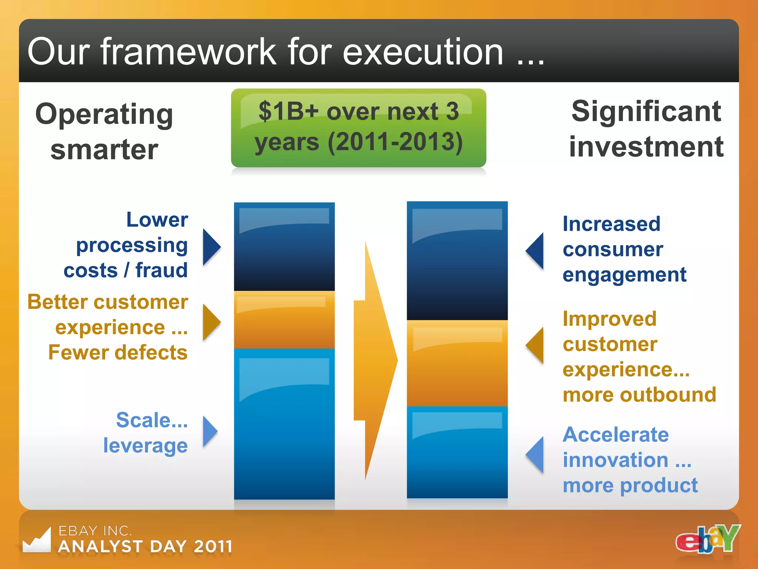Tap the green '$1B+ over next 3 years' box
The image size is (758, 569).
click(x=358, y=127)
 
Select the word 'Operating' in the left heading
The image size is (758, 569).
click(x=104, y=114)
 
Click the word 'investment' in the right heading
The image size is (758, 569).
click(x=646, y=147)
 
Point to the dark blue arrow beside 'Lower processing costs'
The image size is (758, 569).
click(x=211, y=247)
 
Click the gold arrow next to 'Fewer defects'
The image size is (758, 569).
click(x=211, y=322)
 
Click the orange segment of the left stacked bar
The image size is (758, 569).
click(x=284, y=320)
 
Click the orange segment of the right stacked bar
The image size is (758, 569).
click(x=457, y=363)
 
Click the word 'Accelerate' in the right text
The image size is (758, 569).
click(x=616, y=435)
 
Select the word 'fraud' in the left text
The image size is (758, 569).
click(x=161, y=270)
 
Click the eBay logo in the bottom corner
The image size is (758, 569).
click(x=708, y=539)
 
